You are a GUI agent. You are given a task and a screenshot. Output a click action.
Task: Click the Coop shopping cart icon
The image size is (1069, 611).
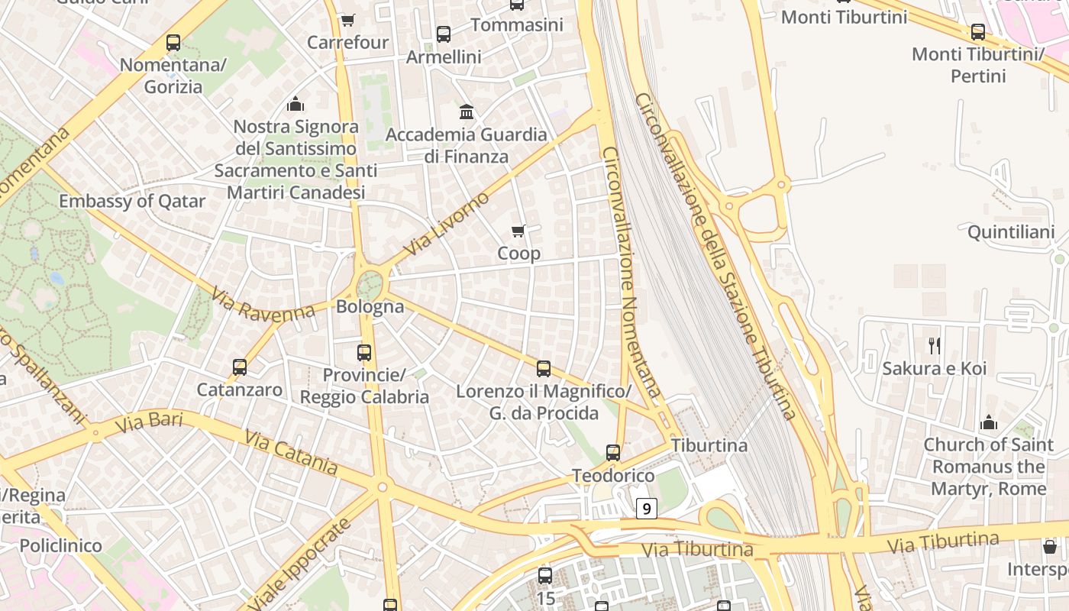click(x=518, y=231)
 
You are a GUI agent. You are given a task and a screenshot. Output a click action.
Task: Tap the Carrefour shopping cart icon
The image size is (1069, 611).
click(x=347, y=21)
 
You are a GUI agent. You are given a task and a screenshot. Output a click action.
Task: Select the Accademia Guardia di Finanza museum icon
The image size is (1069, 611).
click(x=467, y=112)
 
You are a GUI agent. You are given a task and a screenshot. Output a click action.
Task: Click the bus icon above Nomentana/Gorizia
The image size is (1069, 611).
click(x=173, y=43)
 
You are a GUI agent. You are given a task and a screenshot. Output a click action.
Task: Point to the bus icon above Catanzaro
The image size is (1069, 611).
click(x=240, y=367)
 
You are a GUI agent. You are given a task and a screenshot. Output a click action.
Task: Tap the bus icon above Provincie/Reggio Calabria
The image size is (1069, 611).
click(x=364, y=353)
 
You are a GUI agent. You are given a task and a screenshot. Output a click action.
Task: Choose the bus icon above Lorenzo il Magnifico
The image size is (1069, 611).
click(x=544, y=369)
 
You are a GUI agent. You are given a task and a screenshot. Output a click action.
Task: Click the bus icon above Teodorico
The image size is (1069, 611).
click(x=613, y=453)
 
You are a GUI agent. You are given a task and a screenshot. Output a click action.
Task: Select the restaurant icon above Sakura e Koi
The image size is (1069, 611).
click(x=935, y=346)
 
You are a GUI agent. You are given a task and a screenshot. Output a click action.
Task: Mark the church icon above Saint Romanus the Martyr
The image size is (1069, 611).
click(x=989, y=422)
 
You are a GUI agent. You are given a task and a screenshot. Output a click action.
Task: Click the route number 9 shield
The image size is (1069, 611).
click(x=647, y=508)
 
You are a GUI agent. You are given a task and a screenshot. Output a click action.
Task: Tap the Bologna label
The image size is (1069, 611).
click(x=370, y=307)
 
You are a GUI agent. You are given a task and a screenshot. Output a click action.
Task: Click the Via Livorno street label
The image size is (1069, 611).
click(x=447, y=225)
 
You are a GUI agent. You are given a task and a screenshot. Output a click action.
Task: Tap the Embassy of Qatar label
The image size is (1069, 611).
click(x=132, y=202)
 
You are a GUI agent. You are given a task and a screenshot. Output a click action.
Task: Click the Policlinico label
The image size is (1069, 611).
click(x=60, y=545)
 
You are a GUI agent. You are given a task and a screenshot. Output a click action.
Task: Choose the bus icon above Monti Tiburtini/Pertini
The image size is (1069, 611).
click(x=978, y=32)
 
